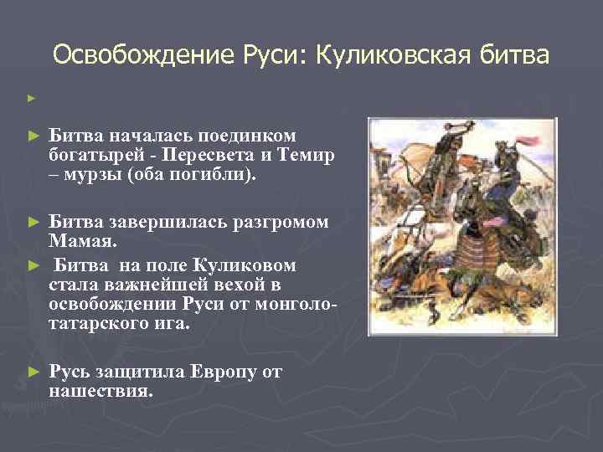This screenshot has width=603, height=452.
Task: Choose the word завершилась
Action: (155, 223)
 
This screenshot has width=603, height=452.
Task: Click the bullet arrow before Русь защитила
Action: (33, 371)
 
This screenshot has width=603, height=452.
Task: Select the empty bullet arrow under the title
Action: (31, 99)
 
